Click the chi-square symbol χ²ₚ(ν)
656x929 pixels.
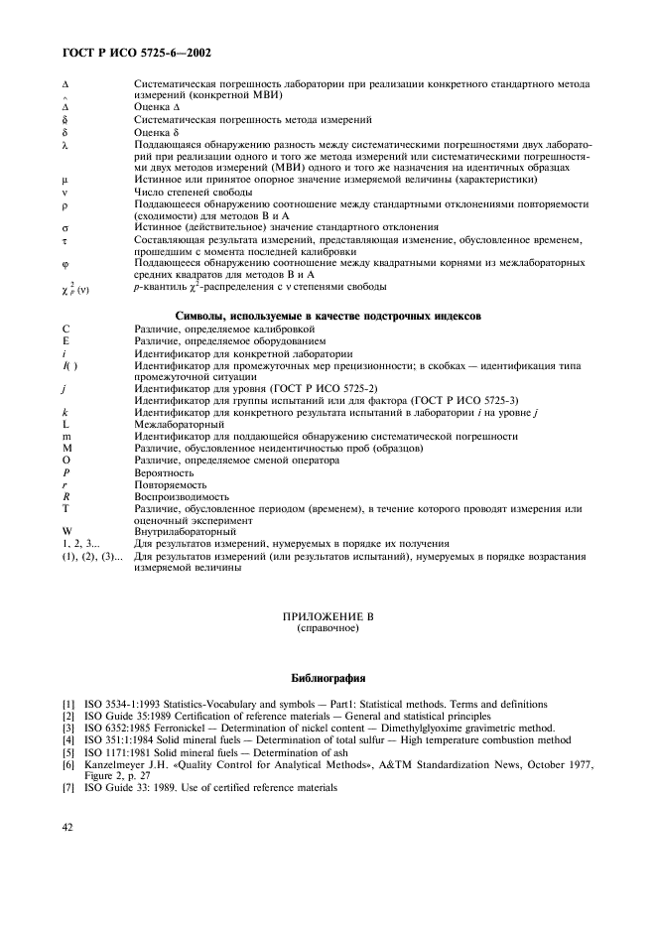[x=77, y=287]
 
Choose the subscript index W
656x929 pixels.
[x=65, y=531]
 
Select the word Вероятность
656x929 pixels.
[x=167, y=472]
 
